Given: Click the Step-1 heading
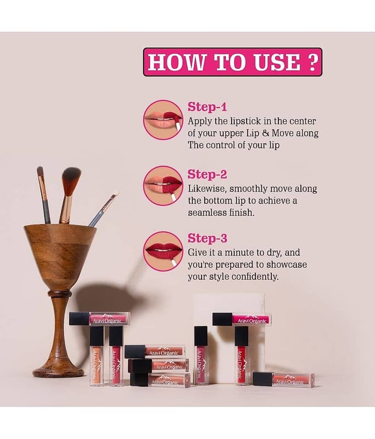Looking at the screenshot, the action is point(207,106).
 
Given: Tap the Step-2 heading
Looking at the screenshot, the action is point(207,174).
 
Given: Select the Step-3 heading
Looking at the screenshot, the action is point(208,238).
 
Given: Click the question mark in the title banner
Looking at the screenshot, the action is point(313,62).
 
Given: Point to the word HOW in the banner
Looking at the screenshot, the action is point(176,62).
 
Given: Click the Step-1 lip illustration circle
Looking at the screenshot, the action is point(163,120).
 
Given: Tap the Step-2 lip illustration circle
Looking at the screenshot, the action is point(163,185).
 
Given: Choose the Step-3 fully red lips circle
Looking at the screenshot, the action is point(163,251).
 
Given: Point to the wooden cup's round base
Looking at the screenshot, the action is point(58,372).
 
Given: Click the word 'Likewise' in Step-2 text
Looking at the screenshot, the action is point(207,189).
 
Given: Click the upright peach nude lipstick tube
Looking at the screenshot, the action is point(97,356).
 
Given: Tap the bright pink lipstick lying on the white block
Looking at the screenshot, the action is point(242,319).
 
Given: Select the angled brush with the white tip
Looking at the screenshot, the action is point(103,209).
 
